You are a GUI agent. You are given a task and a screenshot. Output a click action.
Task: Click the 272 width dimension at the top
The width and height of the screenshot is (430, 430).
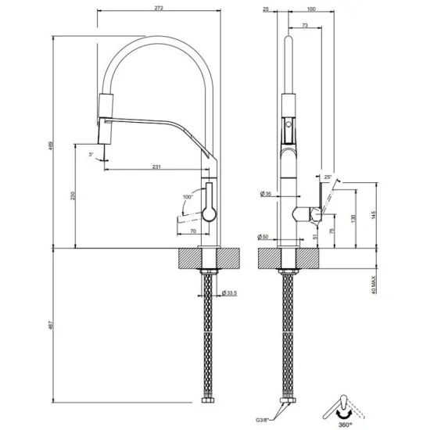158,7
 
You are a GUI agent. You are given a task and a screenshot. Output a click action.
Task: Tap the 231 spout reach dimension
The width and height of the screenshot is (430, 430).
156,167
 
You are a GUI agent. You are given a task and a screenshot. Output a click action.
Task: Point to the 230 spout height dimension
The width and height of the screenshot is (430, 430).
71,197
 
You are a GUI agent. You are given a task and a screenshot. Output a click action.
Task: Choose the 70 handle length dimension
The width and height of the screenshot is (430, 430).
191,231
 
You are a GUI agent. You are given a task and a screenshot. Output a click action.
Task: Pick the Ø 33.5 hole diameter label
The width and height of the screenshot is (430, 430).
228,293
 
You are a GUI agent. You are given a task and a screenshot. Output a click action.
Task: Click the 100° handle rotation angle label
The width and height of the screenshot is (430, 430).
187,196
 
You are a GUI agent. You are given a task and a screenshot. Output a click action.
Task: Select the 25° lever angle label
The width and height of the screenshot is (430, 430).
329,178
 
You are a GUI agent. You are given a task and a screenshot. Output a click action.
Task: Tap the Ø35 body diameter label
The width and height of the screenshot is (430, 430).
264,193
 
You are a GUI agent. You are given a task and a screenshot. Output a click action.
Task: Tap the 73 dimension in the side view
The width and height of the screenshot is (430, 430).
305,26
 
